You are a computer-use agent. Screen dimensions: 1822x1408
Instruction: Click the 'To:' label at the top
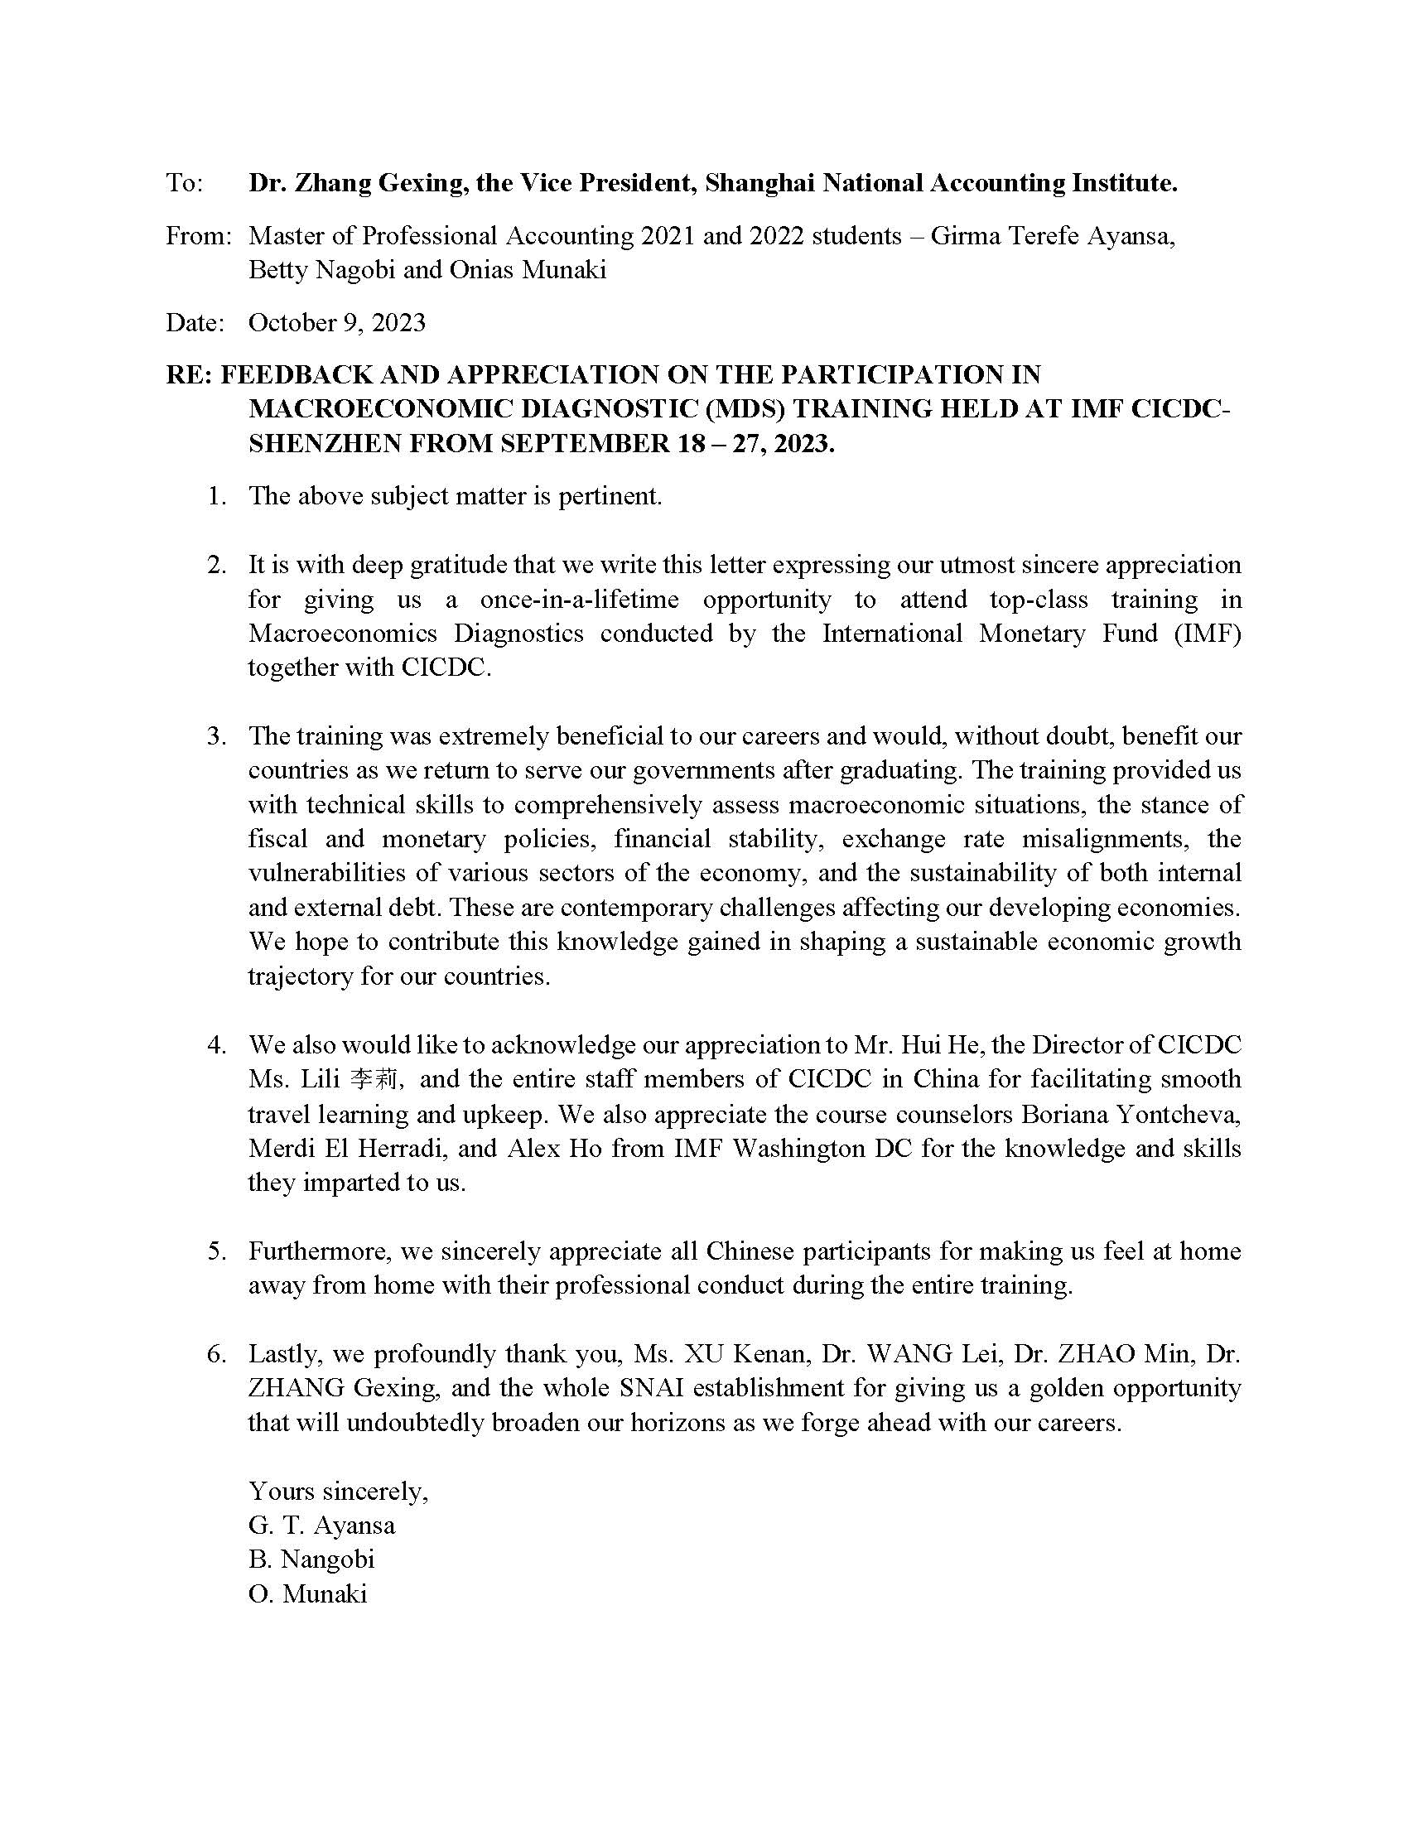click(x=185, y=183)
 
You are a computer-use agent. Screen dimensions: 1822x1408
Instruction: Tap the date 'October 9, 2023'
click(x=337, y=323)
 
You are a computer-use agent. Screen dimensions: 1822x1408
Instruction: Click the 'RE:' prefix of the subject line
click(x=190, y=374)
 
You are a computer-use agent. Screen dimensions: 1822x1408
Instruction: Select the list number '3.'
click(x=217, y=735)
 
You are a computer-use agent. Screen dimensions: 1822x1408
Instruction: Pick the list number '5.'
click(x=217, y=1251)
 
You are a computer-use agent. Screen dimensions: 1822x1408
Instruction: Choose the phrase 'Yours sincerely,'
click(x=338, y=1490)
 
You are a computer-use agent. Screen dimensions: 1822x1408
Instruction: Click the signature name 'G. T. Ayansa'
click(x=321, y=1525)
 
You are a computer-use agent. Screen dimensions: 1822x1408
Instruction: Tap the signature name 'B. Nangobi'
click(x=311, y=1559)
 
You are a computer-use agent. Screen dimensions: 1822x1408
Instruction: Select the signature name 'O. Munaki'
click(x=307, y=1593)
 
